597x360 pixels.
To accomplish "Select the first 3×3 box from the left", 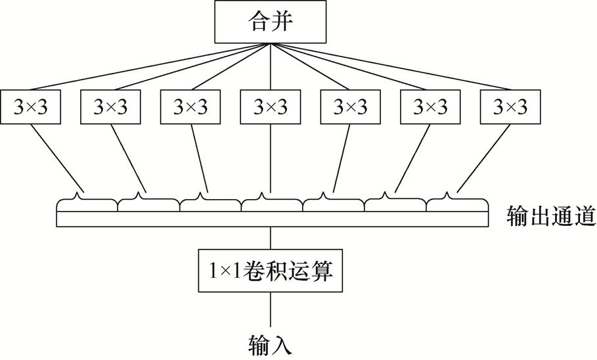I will (x=32, y=106).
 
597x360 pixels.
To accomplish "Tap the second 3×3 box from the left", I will (x=111, y=106).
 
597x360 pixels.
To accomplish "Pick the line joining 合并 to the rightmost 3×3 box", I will (x=407, y=70).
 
